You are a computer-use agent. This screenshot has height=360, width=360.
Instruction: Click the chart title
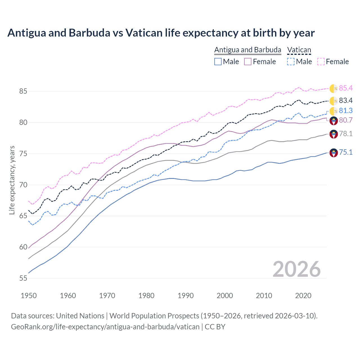tap(161, 33)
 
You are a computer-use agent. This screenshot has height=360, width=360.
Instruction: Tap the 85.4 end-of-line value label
tap(346, 88)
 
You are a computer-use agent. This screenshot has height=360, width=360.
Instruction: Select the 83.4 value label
tap(346, 101)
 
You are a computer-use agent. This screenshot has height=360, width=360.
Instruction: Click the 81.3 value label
tap(346, 111)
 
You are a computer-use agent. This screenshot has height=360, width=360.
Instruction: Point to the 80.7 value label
tap(346, 120)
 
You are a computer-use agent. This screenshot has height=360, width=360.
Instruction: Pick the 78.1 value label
tap(346, 134)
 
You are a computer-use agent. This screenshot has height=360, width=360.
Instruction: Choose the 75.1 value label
tap(346, 152)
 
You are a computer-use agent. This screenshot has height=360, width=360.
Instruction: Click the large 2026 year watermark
tap(296, 269)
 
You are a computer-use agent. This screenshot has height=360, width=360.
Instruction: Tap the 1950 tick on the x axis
tap(29, 296)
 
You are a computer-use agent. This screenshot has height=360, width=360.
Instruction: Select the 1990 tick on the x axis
tap(186, 296)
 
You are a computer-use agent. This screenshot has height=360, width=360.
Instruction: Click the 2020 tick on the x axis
tap(303, 296)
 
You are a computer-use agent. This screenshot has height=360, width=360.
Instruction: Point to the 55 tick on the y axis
tap(23, 278)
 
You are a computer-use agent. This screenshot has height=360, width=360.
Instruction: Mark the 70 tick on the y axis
tap(23, 185)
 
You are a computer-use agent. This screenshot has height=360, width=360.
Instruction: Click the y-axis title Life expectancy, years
tap(12, 180)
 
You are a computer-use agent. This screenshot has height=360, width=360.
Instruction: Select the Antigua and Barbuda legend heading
tap(247, 50)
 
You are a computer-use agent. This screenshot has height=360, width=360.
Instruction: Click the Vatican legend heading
tap(299, 50)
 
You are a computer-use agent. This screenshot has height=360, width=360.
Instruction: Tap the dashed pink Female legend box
tap(321, 62)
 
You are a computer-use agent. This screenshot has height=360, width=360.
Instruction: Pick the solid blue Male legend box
tap(218, 62)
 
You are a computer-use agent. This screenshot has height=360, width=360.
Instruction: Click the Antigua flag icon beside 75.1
tap(334, 153)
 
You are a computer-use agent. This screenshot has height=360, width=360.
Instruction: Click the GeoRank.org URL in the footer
tap(105, 327)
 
